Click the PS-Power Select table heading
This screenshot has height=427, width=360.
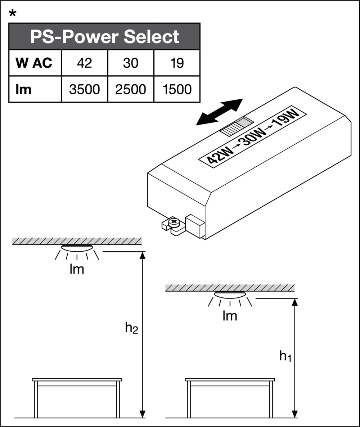104,36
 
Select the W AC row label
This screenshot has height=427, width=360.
34,63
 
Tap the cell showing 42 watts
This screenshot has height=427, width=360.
84,63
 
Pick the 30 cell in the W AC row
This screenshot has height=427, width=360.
130,63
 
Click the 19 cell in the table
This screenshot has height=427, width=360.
176,63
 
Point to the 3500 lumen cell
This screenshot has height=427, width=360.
84,89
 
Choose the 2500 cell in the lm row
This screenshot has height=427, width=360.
130,89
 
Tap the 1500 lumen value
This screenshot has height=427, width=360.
176,89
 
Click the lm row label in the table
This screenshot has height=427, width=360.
23,89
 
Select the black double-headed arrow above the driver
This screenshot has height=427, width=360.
219,112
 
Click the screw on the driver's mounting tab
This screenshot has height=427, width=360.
175,223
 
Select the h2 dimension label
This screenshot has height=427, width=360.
131,328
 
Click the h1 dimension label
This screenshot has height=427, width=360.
285,356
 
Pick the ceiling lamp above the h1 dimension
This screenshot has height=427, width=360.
230,295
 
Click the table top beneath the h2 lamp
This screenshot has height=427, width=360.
77,380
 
